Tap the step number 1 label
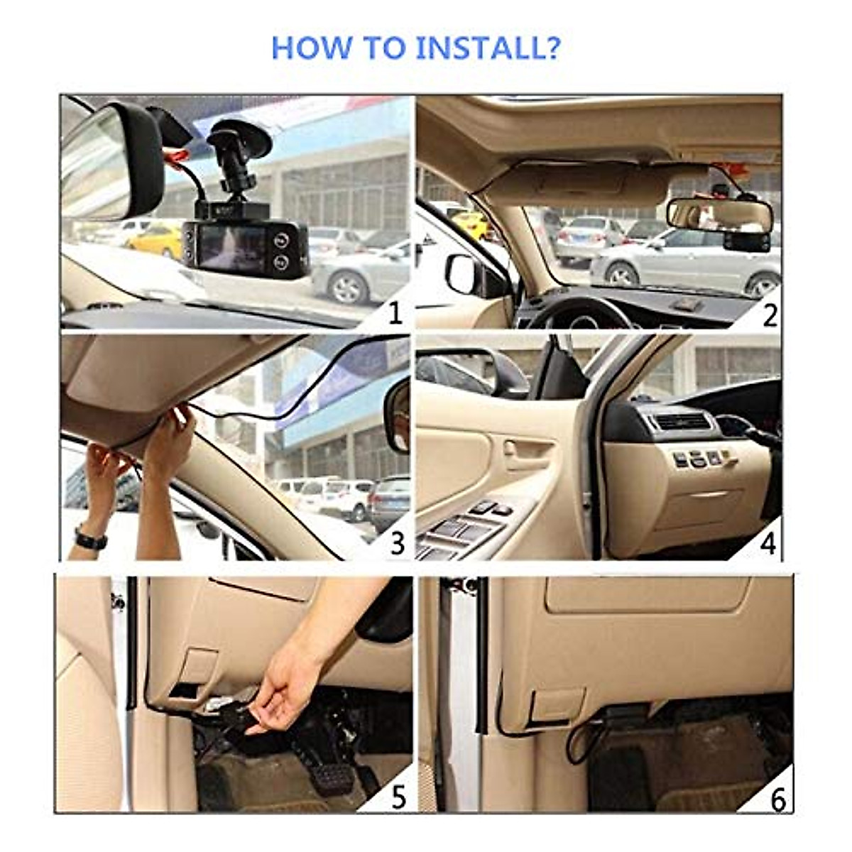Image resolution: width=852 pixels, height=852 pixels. click(x=395, y=313)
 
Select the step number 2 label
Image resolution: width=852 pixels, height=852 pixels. click(x=770, y=315)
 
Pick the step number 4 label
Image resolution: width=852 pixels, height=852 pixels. click(x=768, y=544)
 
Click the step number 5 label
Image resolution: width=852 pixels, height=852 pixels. click(x=398, y=797)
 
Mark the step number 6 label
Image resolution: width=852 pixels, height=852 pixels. click(x=777, y=799)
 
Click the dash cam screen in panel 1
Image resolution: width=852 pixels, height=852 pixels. click(x=231, y=247)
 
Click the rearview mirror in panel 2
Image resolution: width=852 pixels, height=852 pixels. click(x=719, y=214)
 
